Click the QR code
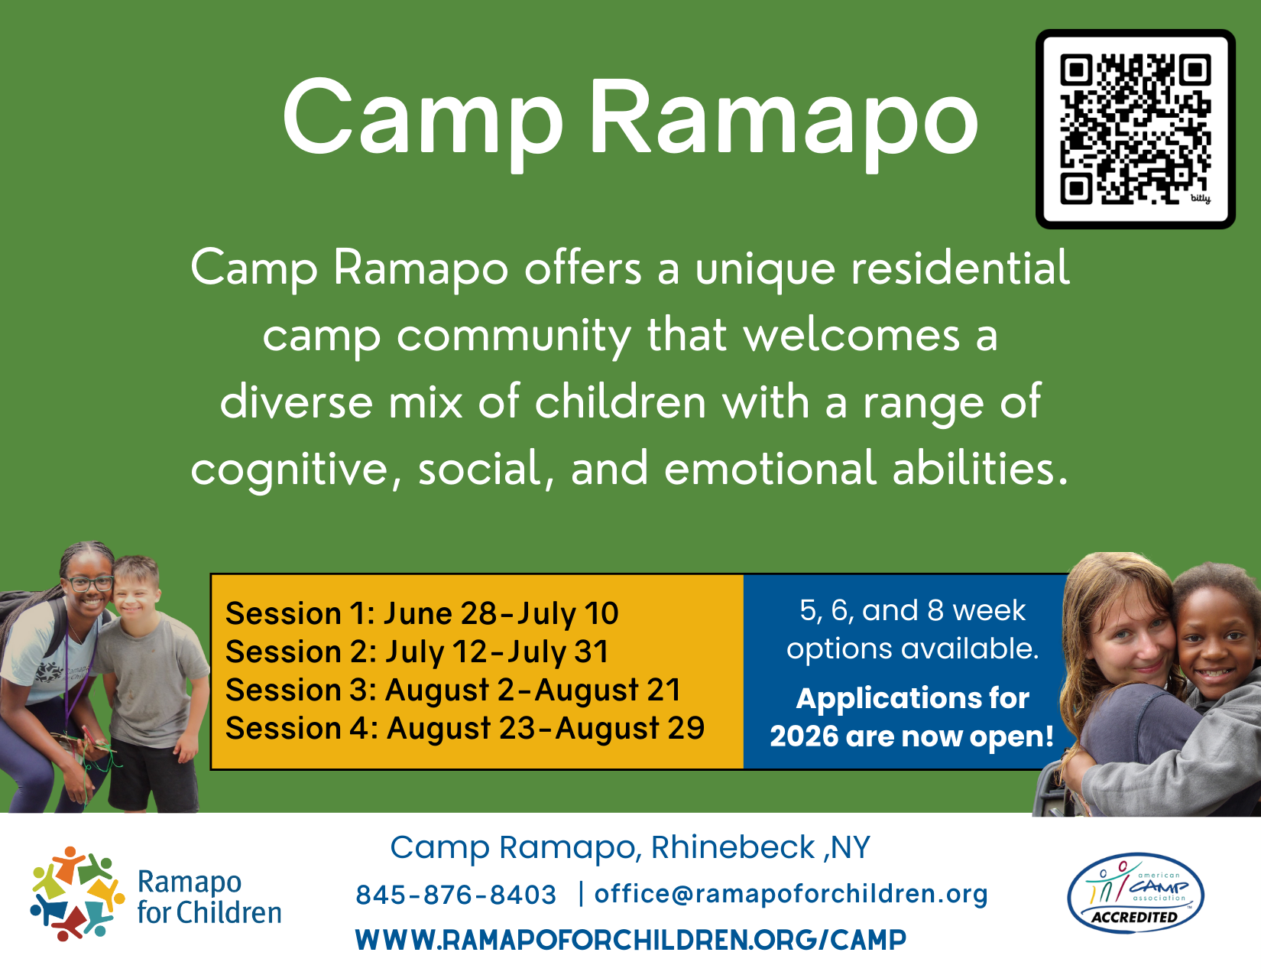pyautogui.click(x=1135, y=129)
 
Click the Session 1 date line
pyautogui.click(x=422, y=614)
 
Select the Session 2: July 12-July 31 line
pyautogui.click(x=417, y=652)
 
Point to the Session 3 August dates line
pyautogui.click(x=452, y=690)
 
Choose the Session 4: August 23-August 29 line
pyautogui.click(x=465, y=728)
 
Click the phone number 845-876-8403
pyautogui.click(x=456, y=895)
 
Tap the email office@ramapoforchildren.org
pyautogui.click(x=791, y=894)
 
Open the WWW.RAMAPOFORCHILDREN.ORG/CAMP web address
pyautogui.click(x=630, y=940)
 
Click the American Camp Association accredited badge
pyautogui.click(x=1136, y=893)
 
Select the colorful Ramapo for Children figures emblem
pyautogui.click(x=76, y=893)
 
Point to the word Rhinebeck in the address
pyautogui.click(x=733, y=847)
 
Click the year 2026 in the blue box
pyautogui.click(x=803, y=736)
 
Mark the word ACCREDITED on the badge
pyautogui.click(x=1134, y=918)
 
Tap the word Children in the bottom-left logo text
pyautogui.click(x=229, y=913)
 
